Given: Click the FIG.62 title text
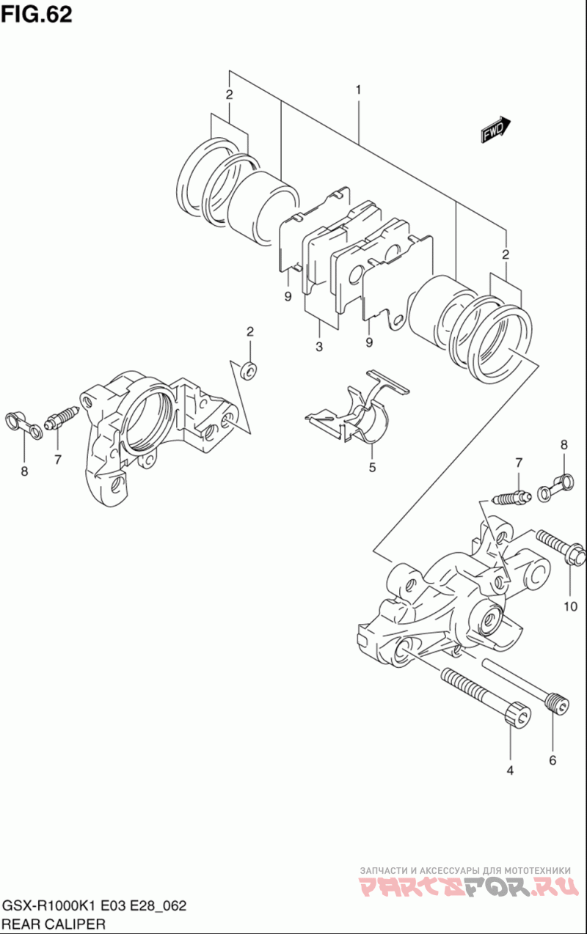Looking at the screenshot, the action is click(x=37, y=15).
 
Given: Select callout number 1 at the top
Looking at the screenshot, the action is click(x=358, y=89).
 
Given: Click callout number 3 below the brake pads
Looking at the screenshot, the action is click(x=319, y=347).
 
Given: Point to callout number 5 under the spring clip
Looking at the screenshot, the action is click(x=372, y=468).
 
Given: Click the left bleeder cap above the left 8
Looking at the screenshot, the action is click(x=23, y=425).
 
